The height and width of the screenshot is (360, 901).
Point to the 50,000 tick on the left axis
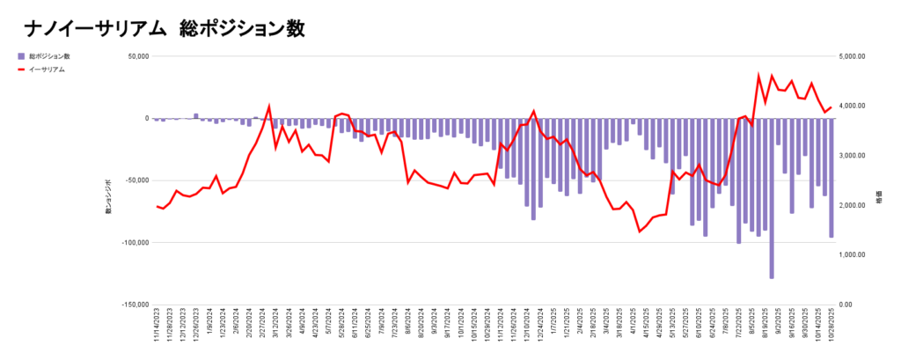(138, 56)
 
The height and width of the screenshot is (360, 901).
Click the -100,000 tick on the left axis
(136, 243)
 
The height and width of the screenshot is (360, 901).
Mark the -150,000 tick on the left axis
(136, 305)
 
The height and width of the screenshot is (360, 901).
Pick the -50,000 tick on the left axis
(137, 180)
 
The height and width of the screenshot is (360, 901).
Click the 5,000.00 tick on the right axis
(853, 56)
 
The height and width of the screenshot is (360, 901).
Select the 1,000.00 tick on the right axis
(853, 255)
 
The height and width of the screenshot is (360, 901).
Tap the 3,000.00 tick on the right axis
(853, 156)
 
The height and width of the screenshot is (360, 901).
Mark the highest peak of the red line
(759, 76)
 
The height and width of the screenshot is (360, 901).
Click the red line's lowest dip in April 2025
(640, 231)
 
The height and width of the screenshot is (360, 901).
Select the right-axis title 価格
(879, 200)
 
